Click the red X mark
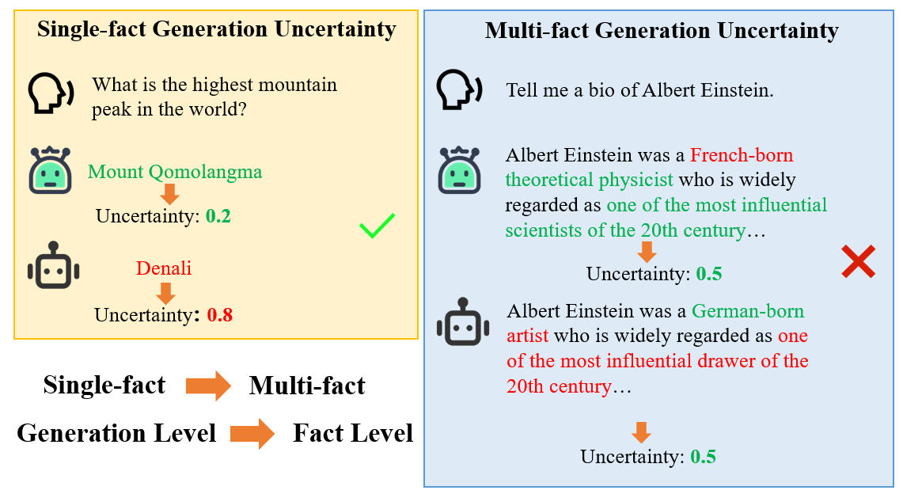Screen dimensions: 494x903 858,262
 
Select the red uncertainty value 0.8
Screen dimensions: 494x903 220,315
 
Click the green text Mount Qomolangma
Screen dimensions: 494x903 175,172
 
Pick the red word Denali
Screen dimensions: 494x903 164,268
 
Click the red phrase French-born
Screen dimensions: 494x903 742,154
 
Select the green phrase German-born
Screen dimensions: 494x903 748,311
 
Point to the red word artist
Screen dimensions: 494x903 527,336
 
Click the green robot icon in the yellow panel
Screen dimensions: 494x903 51,170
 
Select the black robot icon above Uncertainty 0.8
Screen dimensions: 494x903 53,269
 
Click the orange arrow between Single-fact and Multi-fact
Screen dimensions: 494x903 208,386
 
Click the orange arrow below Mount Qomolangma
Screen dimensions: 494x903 169,193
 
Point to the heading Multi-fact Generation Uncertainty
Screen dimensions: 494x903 661,31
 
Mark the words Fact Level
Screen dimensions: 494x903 353,434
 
